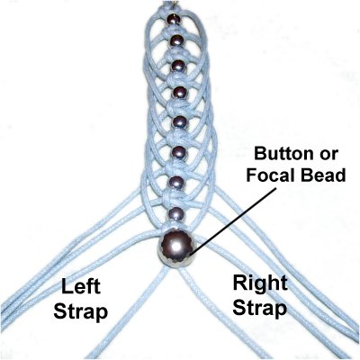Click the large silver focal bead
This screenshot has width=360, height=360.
(x=177, y=247)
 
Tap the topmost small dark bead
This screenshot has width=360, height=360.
(x=174, y=20)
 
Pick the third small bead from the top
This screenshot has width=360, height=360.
(x=178, y=66)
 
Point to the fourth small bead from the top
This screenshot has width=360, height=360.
(x=179, y=93)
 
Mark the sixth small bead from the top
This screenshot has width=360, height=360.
(x=178, y=152)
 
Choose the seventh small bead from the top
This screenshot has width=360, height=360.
(x=176, y=183)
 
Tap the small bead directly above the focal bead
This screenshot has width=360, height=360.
(x=175, y=214)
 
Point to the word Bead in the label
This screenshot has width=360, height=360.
(x=323, y=175)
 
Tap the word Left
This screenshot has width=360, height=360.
(x=80, y=286)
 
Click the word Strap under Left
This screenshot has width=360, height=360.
(x=80, y=312)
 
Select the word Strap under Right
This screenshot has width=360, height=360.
(x=260, y=309)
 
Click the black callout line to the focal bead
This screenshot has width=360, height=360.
(x=235, y=220)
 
